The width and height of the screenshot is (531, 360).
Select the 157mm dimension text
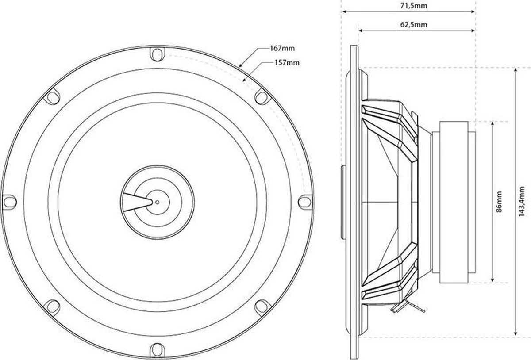coord(286,63)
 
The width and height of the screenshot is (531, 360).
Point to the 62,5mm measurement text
coord(414,24)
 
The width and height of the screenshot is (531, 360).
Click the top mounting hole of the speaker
coord(157,55)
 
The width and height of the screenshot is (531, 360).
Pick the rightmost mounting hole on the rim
coord(304,201)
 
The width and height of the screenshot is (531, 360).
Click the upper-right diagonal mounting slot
coord(261,97)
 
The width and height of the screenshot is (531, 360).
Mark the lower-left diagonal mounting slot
coord(53,306)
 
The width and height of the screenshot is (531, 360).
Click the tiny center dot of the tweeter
coord(157,202)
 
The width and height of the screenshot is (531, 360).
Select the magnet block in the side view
coord(456,201)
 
